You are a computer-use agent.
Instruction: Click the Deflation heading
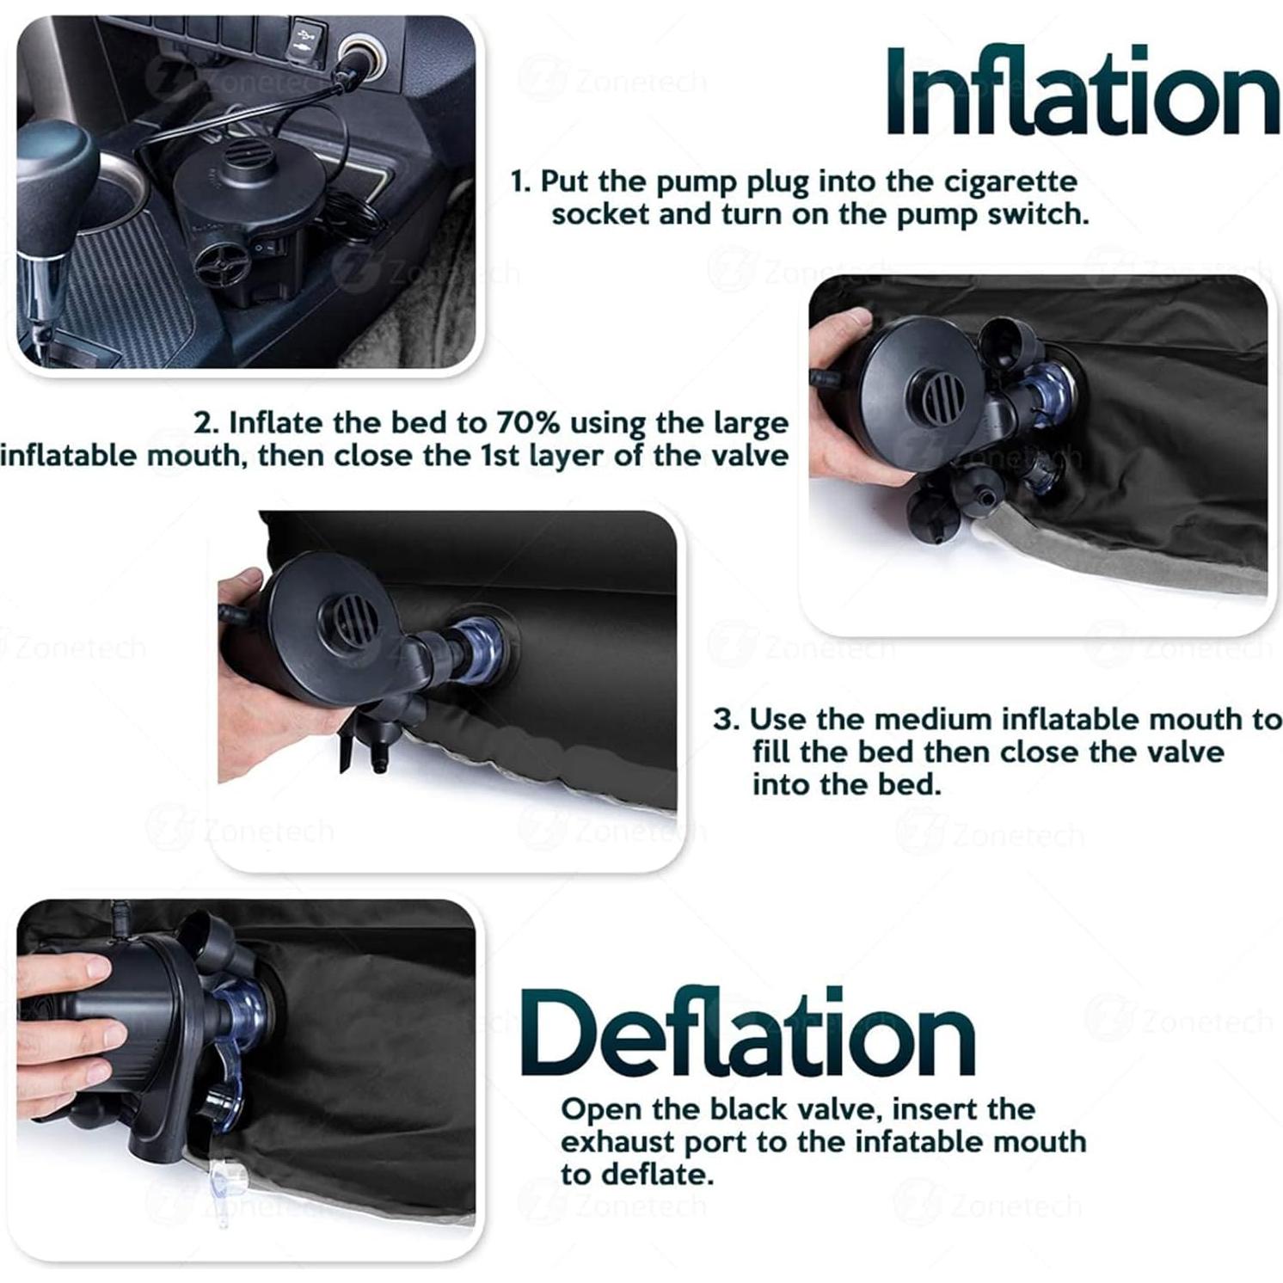(x=748, y=1032)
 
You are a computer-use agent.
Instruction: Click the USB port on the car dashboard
(x=304, y=37)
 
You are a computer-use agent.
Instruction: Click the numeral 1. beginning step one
(x=521, y=182)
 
